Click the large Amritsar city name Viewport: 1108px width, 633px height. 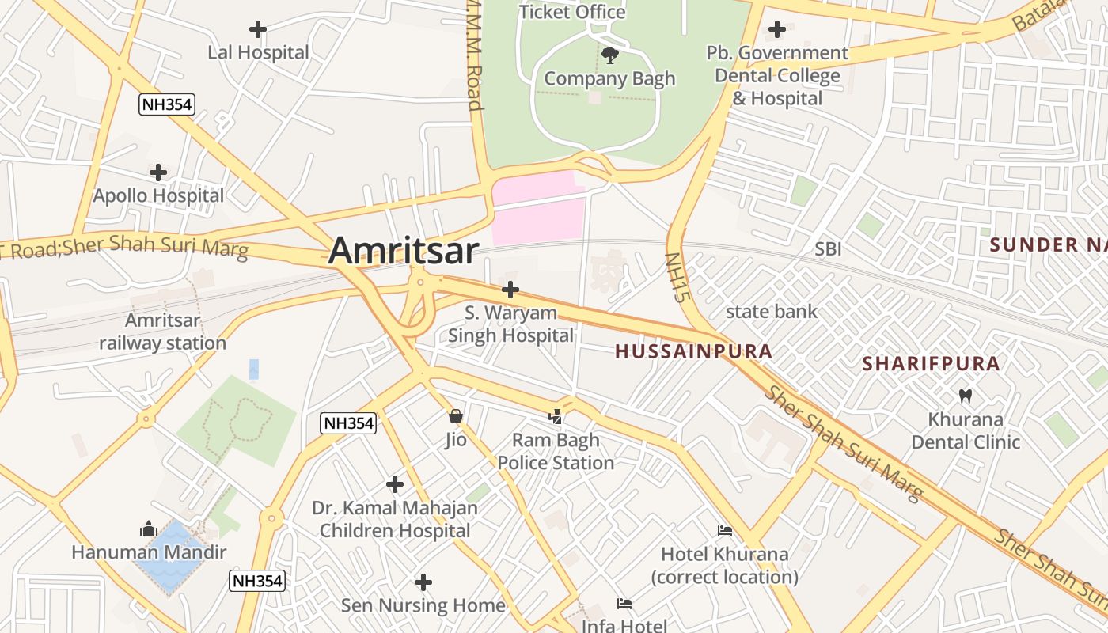pos(403,251)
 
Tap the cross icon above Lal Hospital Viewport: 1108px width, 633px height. pos(257,30)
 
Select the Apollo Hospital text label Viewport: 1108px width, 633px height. pos(158,195)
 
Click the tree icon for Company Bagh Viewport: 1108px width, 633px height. pos(609,55)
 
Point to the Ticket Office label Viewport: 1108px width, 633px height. pos(571,12)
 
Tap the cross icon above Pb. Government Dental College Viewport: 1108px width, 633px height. pos(777,30)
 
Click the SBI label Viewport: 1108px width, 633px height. pos(828,249)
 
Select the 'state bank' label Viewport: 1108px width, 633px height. pos(772,312)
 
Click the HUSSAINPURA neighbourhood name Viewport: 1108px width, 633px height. pos(693,351)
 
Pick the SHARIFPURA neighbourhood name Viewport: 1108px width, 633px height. pos(931,364)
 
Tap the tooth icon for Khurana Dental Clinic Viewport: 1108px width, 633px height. pos(965,396)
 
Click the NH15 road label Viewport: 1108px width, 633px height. pos(674,279)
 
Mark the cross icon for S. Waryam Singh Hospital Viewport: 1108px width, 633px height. pos(510,290)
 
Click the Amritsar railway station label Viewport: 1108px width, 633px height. pos(162,332)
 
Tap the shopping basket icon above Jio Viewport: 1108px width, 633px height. pos(455,416)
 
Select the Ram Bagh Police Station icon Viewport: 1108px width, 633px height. pos(556,416)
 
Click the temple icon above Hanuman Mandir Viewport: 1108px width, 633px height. pos(149,529)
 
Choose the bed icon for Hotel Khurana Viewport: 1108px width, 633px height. pos(724,531)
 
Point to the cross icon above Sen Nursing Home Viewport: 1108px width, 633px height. pos(423,582)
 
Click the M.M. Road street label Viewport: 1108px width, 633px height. pos(474,55)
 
